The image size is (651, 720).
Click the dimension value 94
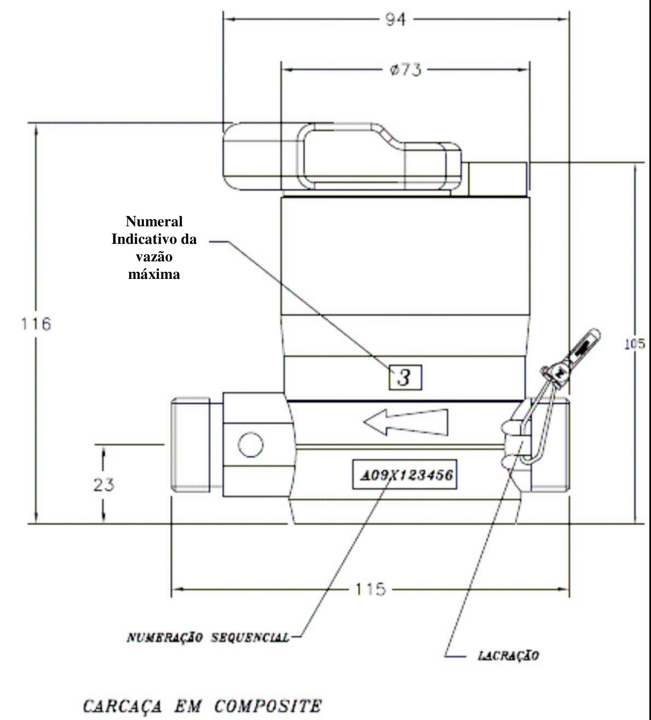[395, 19]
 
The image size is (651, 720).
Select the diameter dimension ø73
[406, 70]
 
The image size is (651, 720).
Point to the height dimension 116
[36, 324]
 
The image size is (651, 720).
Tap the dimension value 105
[635, 344]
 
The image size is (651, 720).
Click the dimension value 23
[103, 485]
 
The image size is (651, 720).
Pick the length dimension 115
[370, 589]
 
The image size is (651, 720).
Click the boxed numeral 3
[405, 377]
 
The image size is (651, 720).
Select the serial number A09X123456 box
[405, 474]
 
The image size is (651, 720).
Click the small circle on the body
[251, 444]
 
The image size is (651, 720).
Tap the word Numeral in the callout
[154, 221]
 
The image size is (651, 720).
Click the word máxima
[154, 275]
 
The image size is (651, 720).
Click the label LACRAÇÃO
[509, 655]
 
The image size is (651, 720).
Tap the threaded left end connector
[191, 444]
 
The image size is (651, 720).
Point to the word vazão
[154, 257]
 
